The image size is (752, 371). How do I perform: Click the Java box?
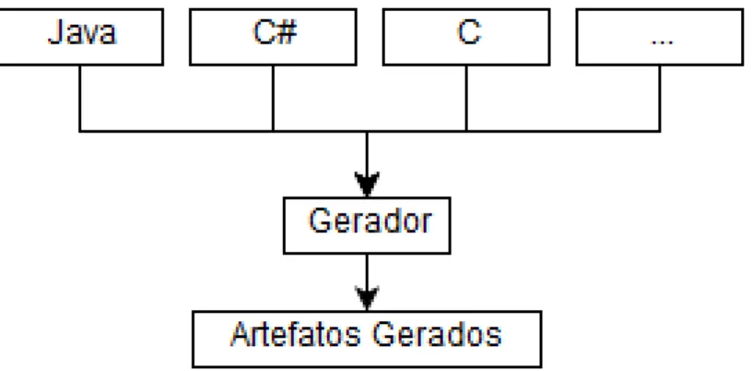(x=80, y=37)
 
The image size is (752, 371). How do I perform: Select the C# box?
(x=273, y=37)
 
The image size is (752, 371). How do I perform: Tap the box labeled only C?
(x=466, y=37)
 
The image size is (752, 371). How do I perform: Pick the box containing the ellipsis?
(x=660, y=37)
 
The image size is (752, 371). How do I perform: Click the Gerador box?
(x=367, y=225)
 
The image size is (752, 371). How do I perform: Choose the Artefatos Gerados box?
(x=367, y=339)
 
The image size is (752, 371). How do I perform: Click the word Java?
(x=82, y=32)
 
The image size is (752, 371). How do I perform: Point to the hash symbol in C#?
(x=287, y=32)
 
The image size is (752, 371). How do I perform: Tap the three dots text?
(x=662, y=42)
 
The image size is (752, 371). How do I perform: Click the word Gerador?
(x=370, y=221)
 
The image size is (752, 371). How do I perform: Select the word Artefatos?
(x=296, y=334)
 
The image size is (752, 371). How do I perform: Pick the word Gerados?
(x=437, y=334)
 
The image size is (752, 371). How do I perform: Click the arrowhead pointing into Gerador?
(x=367, y=184)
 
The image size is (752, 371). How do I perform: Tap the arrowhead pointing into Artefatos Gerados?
(x=367, y=298)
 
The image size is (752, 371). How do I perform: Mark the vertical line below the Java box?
(x=79, y=98)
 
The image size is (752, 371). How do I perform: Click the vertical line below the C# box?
(x=273, y=98)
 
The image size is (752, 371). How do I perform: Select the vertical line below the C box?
(x=466, y=98)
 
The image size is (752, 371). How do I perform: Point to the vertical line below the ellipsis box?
(x=660, y=98)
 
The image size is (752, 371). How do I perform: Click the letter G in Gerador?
(x=320, y=221)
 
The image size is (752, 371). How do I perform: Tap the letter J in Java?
(x=55, y=32)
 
